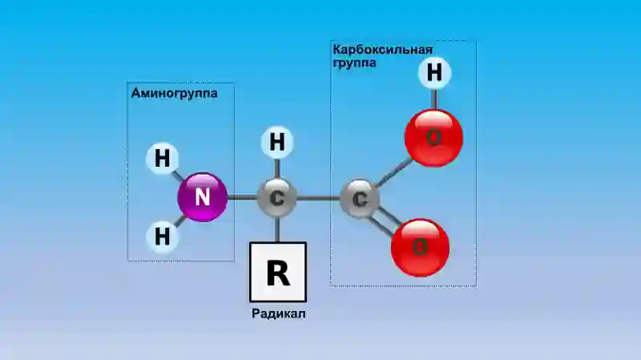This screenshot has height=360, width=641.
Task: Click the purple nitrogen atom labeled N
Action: coord(203,197)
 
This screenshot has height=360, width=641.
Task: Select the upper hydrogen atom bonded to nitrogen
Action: coord(163,158)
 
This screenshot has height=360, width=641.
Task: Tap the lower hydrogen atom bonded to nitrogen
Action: coord(163,237)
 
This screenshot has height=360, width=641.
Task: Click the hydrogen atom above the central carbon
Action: coord(277,143)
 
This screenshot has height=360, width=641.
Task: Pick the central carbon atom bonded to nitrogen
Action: coord(276,198)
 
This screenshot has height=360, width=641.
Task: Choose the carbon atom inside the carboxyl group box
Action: coord(360,199)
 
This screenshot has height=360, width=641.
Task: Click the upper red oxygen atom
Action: coord(433,138)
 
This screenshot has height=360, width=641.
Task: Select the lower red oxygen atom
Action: coord(420,248)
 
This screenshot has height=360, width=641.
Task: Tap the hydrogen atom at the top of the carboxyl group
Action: coord(434,73)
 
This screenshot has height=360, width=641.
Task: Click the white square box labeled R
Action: coord(278,272)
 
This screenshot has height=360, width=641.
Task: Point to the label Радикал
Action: coord(278,313)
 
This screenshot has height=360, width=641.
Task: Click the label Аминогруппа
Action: coord(174,93)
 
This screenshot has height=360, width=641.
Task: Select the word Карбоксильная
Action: coord(383,50)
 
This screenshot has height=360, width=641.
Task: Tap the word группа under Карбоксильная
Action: coord(354,63)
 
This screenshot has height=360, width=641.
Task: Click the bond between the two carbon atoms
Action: coord(318,199)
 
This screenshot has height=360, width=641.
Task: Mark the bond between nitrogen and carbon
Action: coord(243,197)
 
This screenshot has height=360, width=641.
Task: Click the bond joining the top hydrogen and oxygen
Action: coord(434,99)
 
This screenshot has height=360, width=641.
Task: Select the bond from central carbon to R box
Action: coord(277,230)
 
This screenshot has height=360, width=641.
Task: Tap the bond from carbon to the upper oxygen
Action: coord(394,172)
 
